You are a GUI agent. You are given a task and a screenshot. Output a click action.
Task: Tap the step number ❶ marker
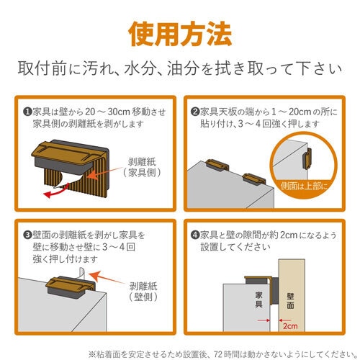click(27, 112)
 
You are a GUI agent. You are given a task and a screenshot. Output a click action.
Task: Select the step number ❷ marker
click(195, 112)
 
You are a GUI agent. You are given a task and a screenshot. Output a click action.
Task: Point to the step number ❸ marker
click(27, 234)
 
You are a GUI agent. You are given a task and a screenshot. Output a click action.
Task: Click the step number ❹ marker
click(195, 234)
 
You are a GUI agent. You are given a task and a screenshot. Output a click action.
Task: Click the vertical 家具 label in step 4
click(257, 300)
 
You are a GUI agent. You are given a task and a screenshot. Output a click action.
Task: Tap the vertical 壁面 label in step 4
click(290, 300)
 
